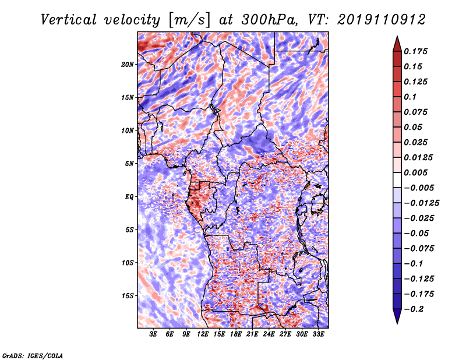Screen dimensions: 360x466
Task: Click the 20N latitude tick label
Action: coord(128,64)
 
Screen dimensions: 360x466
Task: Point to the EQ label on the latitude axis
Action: coord(130,197)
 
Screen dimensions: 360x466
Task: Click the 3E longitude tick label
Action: coord(154,335)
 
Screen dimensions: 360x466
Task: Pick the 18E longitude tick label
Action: coord(236,335)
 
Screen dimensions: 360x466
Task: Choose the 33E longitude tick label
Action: coord(319,335)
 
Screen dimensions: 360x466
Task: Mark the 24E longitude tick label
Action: coord(269,335)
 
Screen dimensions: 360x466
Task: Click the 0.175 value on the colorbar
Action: coord(417,51)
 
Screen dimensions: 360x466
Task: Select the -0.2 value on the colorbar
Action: coord(415,309)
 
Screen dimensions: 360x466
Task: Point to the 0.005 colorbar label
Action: coord(417,172)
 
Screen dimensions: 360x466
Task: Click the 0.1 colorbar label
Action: coord(412,97)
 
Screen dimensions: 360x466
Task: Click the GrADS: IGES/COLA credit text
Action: coord(32,355)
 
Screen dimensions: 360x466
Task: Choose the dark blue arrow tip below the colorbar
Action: coord(397,318)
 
